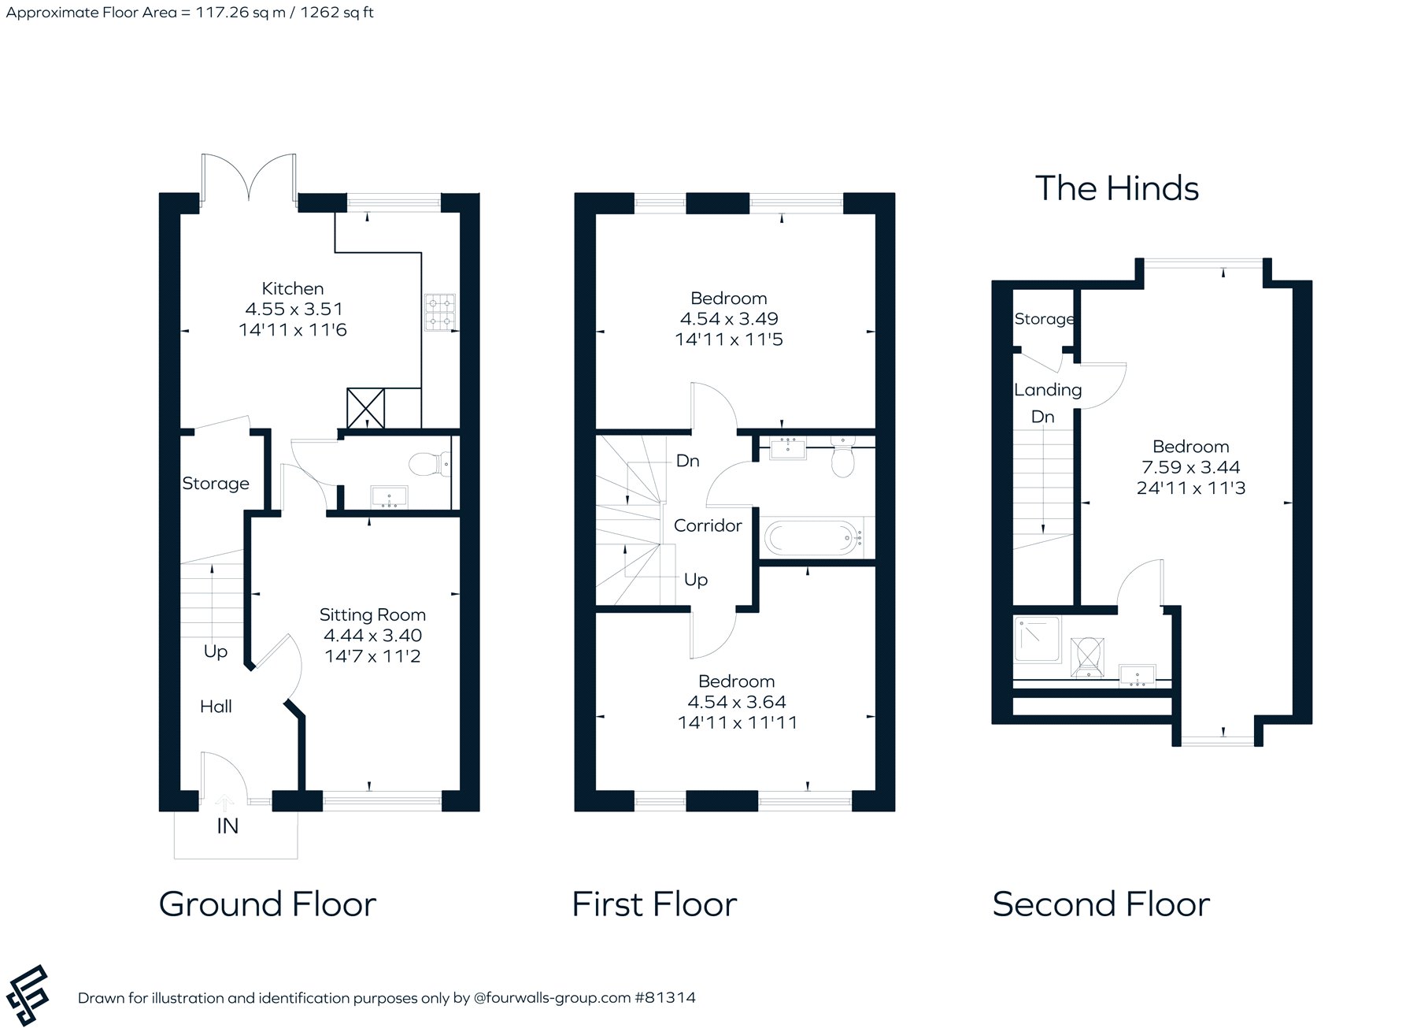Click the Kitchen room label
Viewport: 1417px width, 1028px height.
coord(293,288)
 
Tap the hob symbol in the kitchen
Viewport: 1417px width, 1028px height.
coord(440,312)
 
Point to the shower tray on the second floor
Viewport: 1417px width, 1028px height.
coord(1038,639)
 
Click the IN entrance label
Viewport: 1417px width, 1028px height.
coord(228,826)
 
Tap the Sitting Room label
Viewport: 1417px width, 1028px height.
coord(372,614)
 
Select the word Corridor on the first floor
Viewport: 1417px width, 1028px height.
coord(708,525)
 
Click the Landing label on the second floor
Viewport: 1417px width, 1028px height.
coord(1048,390)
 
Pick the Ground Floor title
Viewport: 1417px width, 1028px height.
coord(268,904)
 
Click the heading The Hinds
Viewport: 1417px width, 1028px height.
coord(1117,188)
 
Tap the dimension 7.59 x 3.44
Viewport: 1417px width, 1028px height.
coord(1191,467)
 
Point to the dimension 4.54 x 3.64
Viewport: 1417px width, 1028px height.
coord(737,702)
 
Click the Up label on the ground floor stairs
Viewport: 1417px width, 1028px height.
coord(216,651)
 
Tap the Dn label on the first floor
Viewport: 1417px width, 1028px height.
coord(688,461)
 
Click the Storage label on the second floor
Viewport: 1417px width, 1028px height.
coord(1045,319)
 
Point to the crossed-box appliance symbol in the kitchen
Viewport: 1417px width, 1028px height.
coord(366,408)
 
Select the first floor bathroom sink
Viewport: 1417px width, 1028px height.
coord(786,448)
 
